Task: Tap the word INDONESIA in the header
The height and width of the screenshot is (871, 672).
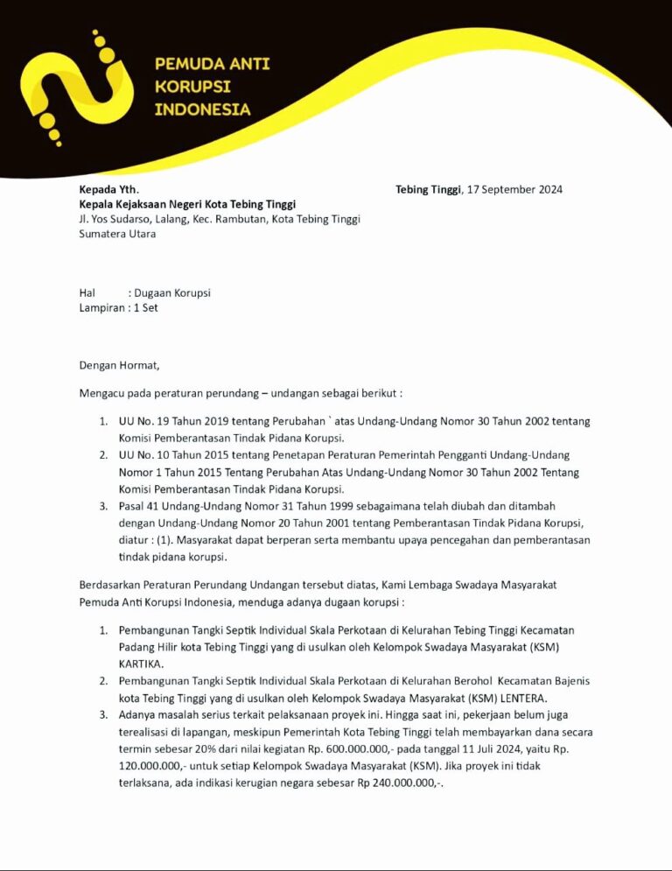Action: pyautogui.click(x=202, y=109)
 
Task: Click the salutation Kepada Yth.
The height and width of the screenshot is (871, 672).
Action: pyautogui.click(x=108, y=189)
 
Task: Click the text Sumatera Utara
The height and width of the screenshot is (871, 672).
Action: pyautogui.click(x=117, y=234)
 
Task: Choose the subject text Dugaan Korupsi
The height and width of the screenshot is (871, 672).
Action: pyautogui.click(x=172, y=293)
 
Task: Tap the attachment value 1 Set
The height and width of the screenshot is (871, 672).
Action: pyautogui.click(x=145, y=308)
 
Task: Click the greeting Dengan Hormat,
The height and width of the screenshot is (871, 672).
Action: pyautogui.click(x=120, y=365)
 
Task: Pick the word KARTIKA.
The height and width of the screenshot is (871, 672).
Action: pyautogui.click(x=142, y=664)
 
